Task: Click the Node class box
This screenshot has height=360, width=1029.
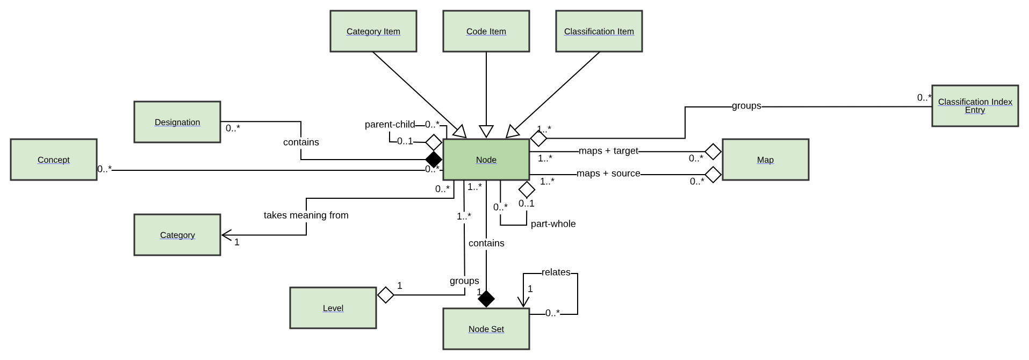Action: (x=486, y=160)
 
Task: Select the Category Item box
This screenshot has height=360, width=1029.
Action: (x=373, y=31)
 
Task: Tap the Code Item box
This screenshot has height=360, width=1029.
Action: (x=486, y=31)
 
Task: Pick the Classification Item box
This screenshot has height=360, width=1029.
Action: (x=599, y=31)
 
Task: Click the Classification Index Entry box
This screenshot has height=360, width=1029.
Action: (x=975, y=106)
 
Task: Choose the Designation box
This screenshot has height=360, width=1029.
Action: (x=177, y=122)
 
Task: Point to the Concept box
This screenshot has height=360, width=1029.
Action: (x=54, y=160)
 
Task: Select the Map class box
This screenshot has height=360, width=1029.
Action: (x=765, y=160)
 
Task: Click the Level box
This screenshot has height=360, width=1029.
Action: (x=333, y=308)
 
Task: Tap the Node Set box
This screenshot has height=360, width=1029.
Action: (x=486, y=329)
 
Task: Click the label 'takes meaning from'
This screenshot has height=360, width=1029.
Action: (x=306, y=215)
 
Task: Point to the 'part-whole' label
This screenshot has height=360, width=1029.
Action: (x=553, y=224)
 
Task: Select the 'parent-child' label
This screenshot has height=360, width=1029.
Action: (x=390, y=125)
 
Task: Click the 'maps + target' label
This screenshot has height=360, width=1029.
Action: (x=608, y=151)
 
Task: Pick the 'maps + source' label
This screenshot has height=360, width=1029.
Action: (x=608, y=174)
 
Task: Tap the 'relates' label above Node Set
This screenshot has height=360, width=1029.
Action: (x=556, y=272)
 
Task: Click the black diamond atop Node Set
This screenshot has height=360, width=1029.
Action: (x=486, y=299)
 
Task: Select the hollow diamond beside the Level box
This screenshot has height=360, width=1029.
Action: (x=386, y=295)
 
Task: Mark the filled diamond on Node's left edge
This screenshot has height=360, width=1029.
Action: (x=434, y=160)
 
